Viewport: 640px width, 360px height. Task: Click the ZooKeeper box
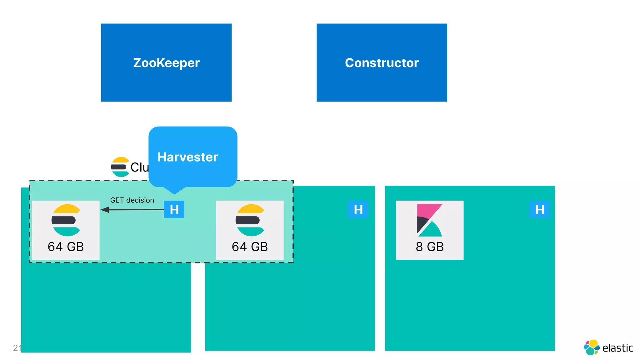tap(166, 62)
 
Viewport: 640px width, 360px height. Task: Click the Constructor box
tap(382, 62)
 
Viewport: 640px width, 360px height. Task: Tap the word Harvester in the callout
tap(187, 157)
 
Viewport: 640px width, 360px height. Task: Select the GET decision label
tap(132, 200)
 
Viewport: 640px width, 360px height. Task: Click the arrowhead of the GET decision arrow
tap(104, 210)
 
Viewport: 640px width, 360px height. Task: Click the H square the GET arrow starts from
tap(174, 209)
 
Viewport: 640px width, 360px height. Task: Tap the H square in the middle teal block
tap(358, 209)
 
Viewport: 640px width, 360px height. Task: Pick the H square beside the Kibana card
tap(539, 209)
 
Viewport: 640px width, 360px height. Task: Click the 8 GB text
tap(430, 247)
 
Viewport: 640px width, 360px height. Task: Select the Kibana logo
tap(430, 220)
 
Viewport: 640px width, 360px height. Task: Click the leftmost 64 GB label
tap(66, 247)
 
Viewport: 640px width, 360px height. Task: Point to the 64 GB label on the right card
tap(250, 247)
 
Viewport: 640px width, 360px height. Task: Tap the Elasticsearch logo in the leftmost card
tap(66, 220)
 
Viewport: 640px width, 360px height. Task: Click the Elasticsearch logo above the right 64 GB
tap(250, 220)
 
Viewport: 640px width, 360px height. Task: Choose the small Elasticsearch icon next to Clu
tap(120, 167)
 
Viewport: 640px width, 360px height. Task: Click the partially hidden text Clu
tap(139, 167)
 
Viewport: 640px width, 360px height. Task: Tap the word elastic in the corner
tap(617, 348)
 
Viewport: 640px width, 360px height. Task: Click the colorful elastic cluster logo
tap(591, 347)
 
